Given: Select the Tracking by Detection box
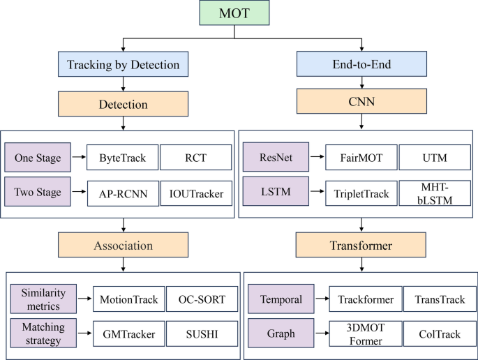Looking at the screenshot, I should [124, 66].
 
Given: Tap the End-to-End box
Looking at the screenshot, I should [361, 66].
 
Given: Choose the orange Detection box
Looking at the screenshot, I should [124, 105].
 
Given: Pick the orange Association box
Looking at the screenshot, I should [124, 246].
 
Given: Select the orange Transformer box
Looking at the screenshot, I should [361, 246].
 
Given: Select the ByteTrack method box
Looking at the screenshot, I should [122, 158].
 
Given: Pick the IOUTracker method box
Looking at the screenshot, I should [196, 193].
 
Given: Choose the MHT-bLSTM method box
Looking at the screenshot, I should [435, 193].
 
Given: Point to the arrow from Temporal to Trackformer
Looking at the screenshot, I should [317, 300].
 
